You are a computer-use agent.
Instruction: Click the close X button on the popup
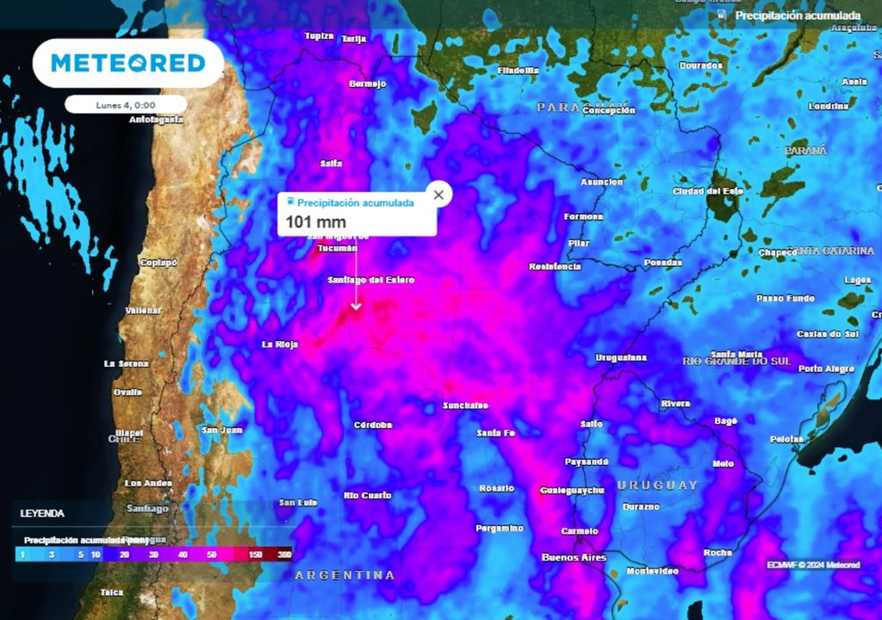438,195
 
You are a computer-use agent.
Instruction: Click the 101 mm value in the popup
316,223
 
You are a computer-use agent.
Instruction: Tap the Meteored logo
127,63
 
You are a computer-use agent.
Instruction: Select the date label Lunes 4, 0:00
126,104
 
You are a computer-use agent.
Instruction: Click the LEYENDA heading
42,513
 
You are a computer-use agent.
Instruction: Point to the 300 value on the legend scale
284,555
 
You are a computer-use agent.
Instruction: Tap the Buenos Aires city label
574,558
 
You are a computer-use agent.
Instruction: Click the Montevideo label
652,571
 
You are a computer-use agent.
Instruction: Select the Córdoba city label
373,425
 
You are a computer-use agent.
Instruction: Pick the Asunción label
601,183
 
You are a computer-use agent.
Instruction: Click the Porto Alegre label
826,369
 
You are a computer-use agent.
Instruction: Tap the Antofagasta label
156,120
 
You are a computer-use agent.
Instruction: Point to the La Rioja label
280,344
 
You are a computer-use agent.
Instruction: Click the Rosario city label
496,488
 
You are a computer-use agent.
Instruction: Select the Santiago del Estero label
370,281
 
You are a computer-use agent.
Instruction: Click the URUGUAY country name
657,486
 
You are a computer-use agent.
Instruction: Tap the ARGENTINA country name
345,574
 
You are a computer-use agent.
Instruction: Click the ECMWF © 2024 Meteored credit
813,565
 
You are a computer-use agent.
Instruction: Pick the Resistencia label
554,267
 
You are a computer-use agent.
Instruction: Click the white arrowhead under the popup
356,305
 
